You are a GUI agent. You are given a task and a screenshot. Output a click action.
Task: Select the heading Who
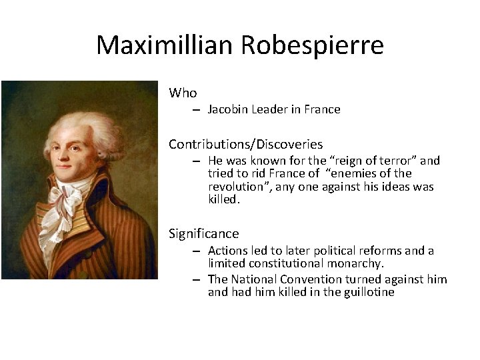click(x=183, y=93)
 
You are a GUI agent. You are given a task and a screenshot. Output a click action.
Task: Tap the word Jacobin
click(x=228, y=109)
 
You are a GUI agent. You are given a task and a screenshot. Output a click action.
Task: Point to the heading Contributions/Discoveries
click(x=245, y=144)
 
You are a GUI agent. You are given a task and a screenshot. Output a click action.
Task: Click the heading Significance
click(x=203, y=233)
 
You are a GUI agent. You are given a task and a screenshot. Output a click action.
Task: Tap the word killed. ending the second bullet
click(x=224, y=199)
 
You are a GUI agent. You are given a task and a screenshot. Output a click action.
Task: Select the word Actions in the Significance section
click(x=227, y=251)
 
